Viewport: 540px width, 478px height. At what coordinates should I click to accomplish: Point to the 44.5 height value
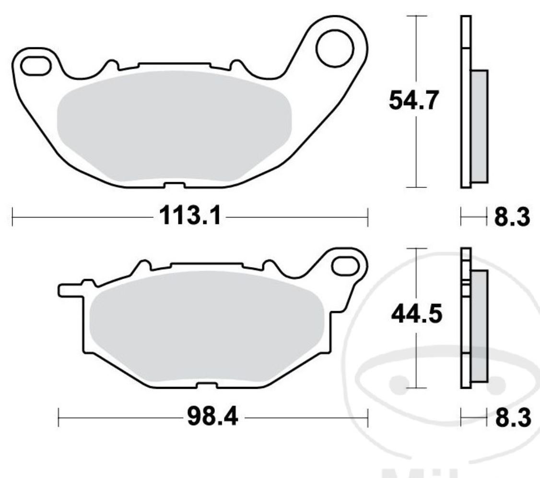coord(415,315)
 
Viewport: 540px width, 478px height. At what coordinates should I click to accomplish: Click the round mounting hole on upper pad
coord(334,47)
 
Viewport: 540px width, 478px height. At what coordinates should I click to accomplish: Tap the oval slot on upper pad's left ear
coord(36,66)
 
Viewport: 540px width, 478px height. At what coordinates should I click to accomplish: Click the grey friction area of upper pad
coord(174,126)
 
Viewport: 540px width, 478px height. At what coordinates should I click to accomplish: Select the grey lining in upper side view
coord(479,126)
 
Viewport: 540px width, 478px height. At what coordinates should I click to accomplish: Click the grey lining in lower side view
coord(479,326)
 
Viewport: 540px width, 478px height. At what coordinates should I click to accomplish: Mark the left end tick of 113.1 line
coord(12,217)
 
